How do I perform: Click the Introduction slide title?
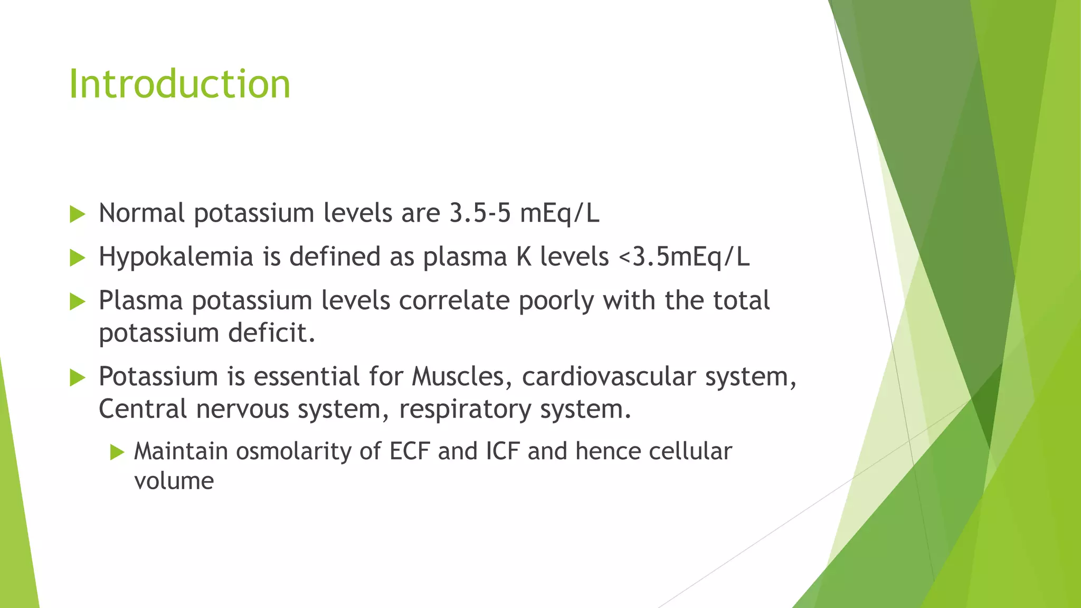179,84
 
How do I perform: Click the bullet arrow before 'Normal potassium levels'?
77,214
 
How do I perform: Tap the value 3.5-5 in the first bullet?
480,213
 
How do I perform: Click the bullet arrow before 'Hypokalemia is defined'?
77,258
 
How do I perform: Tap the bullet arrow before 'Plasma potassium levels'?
77,302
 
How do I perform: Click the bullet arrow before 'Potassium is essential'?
77,377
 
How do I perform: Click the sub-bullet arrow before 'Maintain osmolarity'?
117,452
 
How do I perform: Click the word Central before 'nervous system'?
143,410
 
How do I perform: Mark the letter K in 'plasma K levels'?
524,258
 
